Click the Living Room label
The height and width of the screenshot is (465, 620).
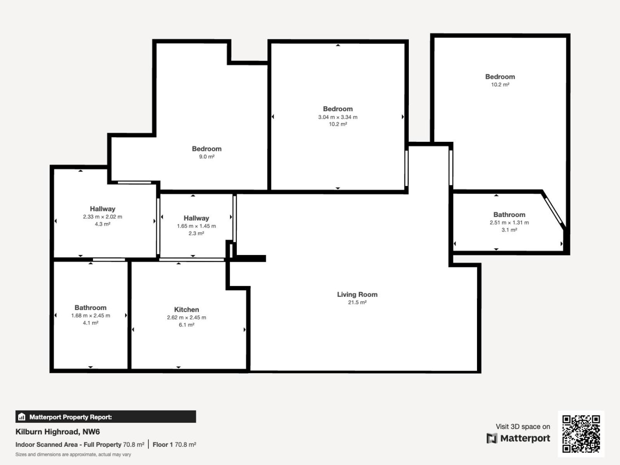click(357, 294)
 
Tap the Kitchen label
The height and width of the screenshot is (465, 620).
click(186, 310)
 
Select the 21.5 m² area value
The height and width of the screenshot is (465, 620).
click(357, 302)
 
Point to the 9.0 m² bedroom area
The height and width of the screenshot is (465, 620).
click(207, 157)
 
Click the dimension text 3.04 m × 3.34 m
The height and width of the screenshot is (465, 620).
click(338, 117)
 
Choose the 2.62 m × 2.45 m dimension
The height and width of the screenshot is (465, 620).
click(186, 317)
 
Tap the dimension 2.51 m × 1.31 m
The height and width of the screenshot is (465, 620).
click(509, 222)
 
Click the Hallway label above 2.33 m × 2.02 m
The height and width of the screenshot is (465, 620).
click(103, 209)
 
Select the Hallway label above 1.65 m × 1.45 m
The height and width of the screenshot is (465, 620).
click(196, 218)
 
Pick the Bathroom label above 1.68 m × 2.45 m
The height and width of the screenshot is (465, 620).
click(90, 308)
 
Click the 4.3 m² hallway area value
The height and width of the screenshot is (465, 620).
click(103, 224)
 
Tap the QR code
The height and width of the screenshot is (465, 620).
click(581, 434)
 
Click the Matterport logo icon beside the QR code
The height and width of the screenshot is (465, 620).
click(492, 438)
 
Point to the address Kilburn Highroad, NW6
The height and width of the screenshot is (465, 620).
click(58, 432)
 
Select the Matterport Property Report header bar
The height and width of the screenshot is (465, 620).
click(106, 417)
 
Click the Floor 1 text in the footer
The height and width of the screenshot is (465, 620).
click(163, 445)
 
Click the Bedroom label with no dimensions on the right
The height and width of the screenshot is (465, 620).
click(500, 77)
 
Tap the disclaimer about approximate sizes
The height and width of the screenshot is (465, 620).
click(73, 455)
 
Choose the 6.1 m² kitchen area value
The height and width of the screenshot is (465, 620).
click(186, 325)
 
